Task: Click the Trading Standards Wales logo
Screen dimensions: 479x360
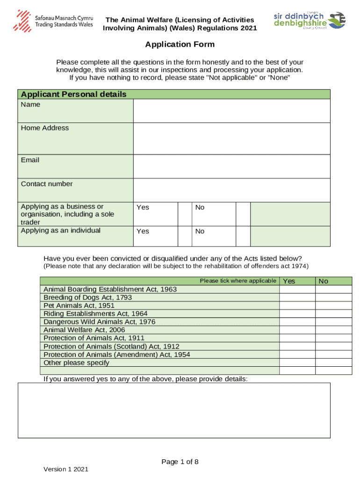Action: click(53, 20)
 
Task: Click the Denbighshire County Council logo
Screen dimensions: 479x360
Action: click(309, 20)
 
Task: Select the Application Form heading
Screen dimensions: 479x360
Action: click(180, 44)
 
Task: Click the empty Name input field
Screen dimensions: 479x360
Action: click(231, 111)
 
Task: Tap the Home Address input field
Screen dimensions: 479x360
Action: click(231, 138)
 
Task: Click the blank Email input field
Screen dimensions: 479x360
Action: click(231, 167)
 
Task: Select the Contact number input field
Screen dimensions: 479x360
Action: click(231, 190)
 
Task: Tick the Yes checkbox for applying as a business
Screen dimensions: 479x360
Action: click(185, 213)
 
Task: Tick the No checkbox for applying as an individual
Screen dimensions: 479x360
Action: click(243, 236)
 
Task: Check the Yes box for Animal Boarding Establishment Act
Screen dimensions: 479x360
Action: click(297, 290)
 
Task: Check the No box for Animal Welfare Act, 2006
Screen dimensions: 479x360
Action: click(333, 330)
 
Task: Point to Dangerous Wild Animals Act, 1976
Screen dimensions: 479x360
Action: click(99, 322)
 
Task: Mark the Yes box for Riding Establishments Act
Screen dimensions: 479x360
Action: click(297, 314)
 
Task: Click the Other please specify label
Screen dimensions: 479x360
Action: click(76, 363)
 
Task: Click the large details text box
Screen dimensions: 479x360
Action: click(174, 410)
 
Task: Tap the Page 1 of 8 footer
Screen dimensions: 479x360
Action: click(180, 462)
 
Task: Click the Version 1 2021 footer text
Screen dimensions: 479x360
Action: click(66, 469)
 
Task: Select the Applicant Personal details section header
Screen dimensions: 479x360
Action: click(74, 94)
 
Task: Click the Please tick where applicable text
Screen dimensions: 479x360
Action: click(238, 281)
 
